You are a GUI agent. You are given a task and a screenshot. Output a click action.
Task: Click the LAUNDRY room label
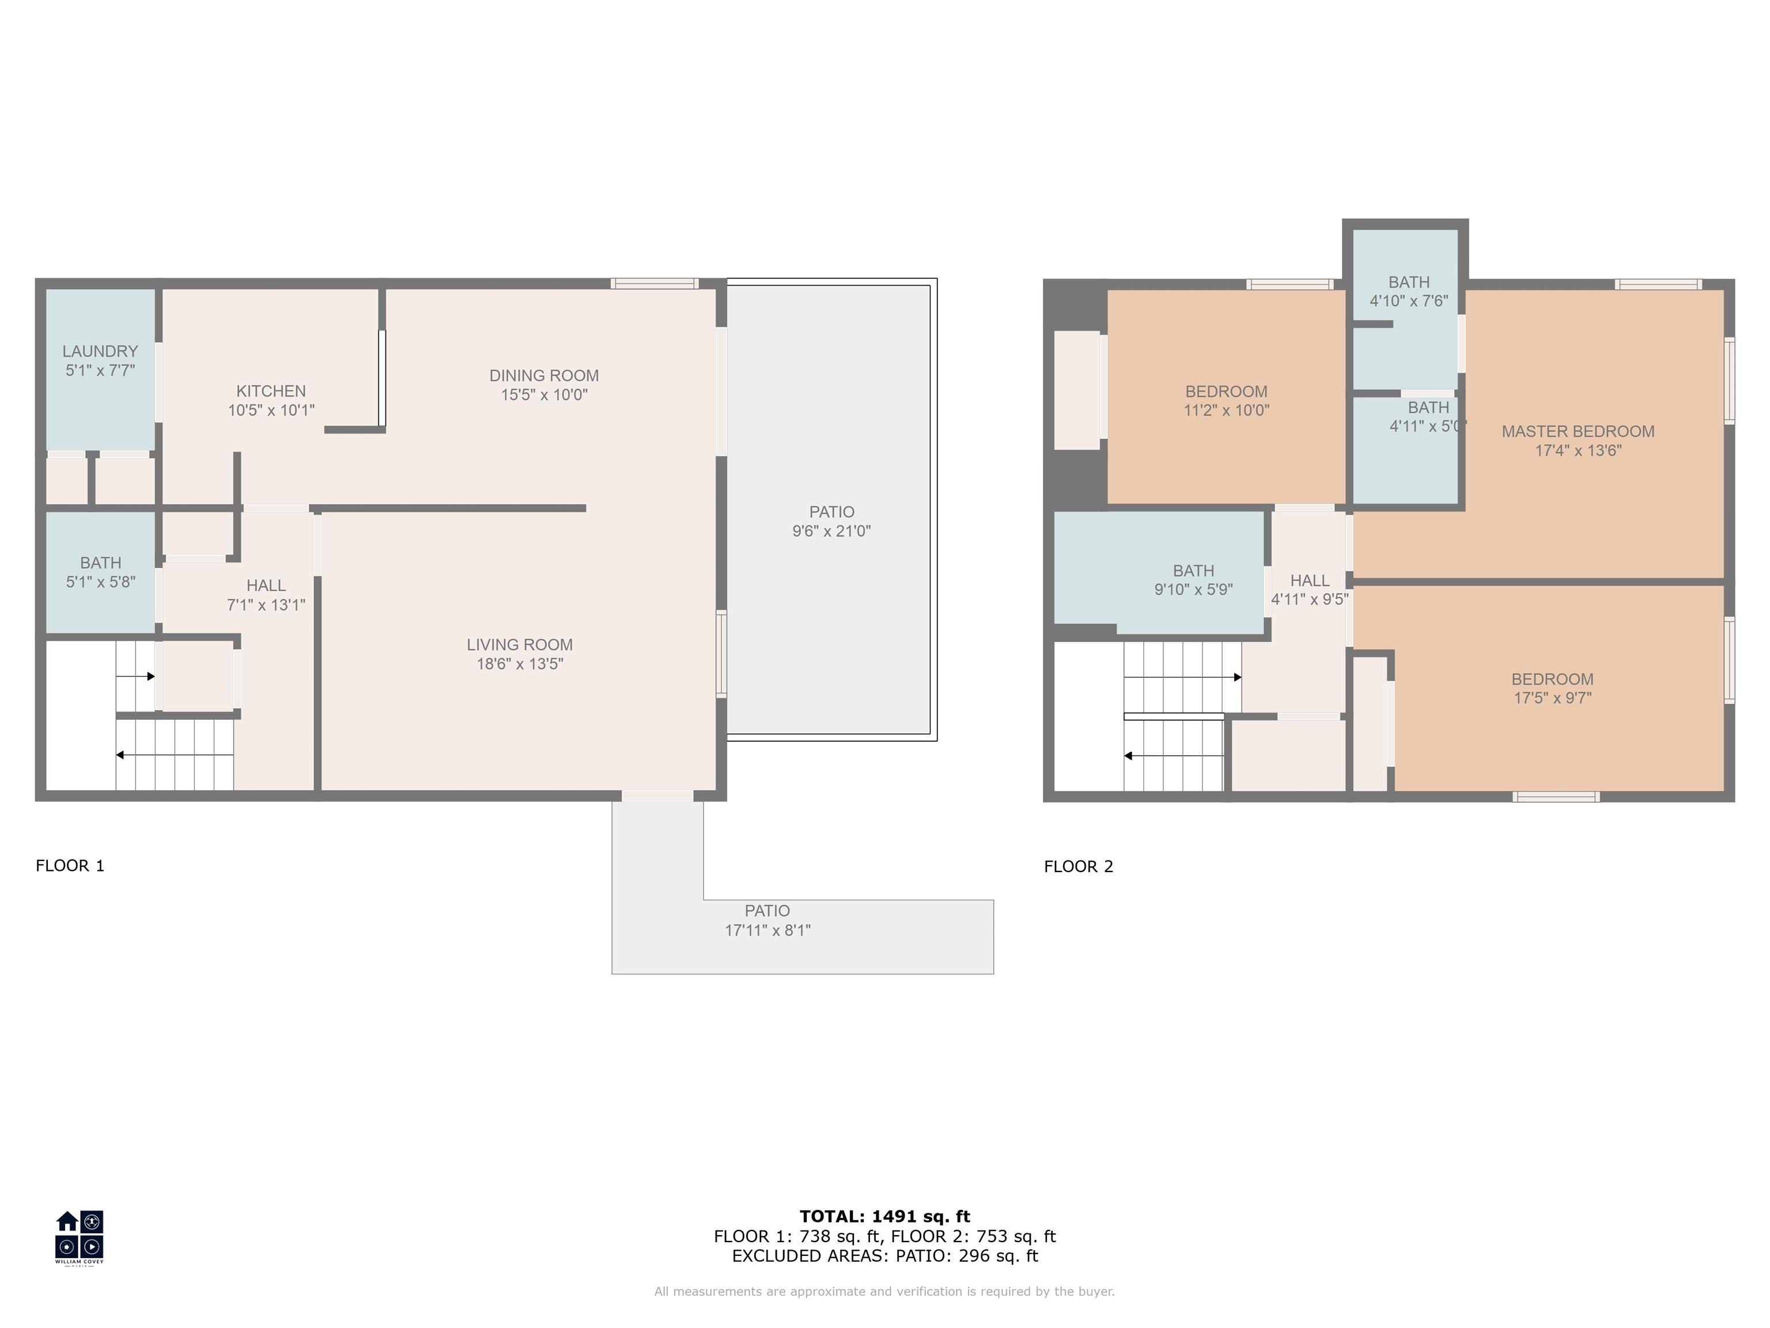100,352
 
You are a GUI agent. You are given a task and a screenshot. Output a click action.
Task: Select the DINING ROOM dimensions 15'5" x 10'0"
544,395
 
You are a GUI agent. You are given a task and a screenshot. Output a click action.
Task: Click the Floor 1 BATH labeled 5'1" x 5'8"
101,572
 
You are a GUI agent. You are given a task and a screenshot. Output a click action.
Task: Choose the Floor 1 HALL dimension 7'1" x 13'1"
266,605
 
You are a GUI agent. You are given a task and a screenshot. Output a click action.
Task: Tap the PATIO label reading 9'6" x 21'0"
831,521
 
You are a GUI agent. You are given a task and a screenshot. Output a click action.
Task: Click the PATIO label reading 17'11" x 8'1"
767,920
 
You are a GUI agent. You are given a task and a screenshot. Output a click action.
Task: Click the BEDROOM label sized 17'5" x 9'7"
1552,688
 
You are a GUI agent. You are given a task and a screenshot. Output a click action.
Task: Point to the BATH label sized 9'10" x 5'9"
1193,580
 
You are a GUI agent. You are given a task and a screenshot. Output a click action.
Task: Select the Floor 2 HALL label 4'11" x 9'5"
1310,590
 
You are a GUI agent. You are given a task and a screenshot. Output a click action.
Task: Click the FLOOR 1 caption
70,865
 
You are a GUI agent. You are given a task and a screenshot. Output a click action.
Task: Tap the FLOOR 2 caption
1079,866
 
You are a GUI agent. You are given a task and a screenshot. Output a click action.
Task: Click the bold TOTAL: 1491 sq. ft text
885,1217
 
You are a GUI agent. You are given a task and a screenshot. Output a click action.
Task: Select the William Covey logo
79,1238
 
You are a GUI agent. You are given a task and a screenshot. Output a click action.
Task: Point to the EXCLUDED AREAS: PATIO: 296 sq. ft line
885,1256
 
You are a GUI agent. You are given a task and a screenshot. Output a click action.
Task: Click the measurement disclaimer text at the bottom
885,1291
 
